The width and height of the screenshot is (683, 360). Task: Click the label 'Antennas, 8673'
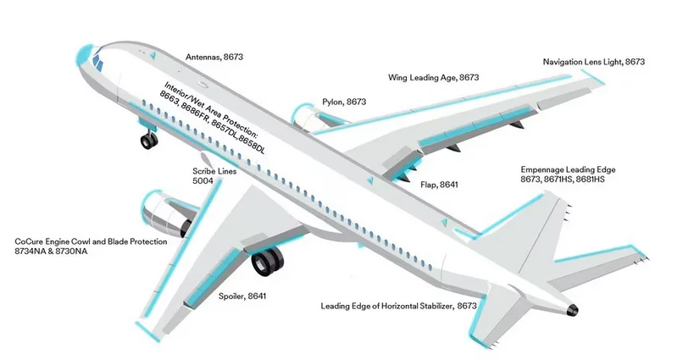[214, 57]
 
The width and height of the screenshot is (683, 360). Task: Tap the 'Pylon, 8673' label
[343, 102]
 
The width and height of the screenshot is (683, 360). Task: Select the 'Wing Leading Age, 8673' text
[433, 77]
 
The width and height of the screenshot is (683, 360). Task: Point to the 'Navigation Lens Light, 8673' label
[593, 62]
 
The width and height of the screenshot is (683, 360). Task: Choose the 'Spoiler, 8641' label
[242, 296]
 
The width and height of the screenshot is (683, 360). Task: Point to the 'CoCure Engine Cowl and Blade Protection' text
[91, 241]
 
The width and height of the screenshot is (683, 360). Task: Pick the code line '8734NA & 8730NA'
[52, 252]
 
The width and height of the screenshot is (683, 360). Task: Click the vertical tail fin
[542, 229]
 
